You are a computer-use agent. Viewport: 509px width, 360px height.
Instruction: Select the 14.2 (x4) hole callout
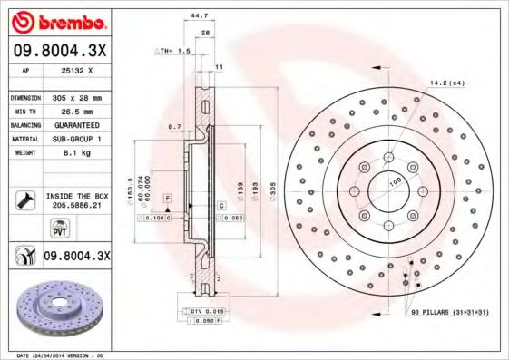446,83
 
